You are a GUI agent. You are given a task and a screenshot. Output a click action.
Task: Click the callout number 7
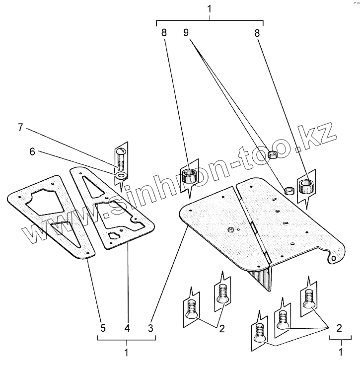[x=20, y=128]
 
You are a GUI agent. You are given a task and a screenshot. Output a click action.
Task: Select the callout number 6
[x=32, y=152]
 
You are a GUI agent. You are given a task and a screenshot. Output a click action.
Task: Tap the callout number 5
[x=103, y=328]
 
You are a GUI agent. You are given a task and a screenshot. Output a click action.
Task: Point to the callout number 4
[x=127, y=328]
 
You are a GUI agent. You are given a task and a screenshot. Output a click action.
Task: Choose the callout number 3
[x=150, y=328]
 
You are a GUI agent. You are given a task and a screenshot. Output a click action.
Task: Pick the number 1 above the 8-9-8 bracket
[x=210, y=8]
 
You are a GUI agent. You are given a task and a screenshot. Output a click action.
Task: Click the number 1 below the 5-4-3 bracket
[x=127, y=353]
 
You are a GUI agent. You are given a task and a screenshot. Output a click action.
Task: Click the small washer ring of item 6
[x=121, y=175]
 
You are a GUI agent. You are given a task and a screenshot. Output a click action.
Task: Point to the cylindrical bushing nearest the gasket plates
[x=189, y=175]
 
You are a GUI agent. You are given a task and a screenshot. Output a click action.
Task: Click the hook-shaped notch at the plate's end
[x=335, y=257]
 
